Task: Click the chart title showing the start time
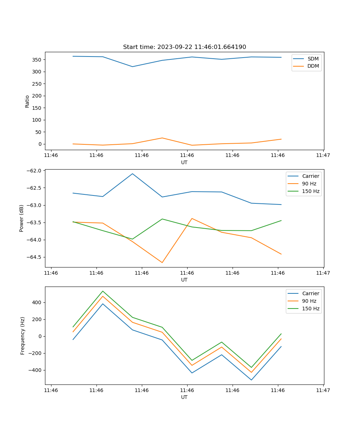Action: (x=184, y=47)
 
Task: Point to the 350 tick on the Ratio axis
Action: (x=37, y=60)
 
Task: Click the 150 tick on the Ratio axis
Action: (x=37, y=108)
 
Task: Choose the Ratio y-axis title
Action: (x=27, y=102)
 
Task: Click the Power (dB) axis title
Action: (x=22, y=218)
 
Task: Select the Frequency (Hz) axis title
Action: (x=23, y=336)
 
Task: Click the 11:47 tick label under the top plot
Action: (x=323, y=156)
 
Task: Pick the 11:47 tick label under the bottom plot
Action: (x=323, y=390)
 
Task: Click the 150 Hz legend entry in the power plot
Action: (x=310, y=192)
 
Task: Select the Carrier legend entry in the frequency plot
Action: (x=310, y=293)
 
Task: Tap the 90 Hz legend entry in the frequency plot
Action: (x=309, y=301)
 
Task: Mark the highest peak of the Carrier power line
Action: (x=132, y=174)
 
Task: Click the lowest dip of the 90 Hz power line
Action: (x=162, y=262)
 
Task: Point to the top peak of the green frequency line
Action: (x=103, y=291)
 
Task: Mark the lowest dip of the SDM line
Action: (x=132, y=67)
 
